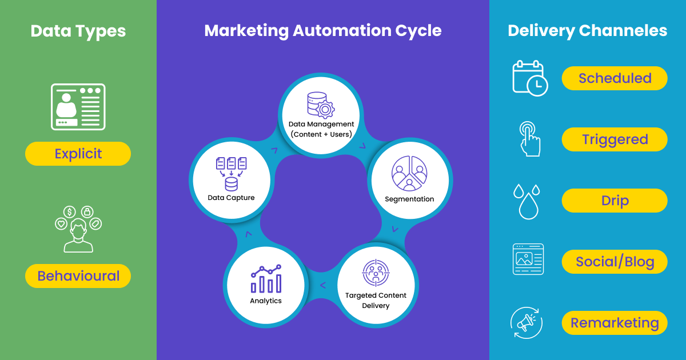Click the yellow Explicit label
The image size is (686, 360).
click(78, 154)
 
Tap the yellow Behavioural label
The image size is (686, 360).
click(78, 276)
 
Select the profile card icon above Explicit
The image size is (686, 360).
click(78, 107)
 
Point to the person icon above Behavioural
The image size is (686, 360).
click(78, 229)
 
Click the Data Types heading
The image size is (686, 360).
click(78, 30)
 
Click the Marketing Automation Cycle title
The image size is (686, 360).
click(322, 30)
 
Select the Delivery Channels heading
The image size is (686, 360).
click(587, 30)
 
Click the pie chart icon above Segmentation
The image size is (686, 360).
click(409, 173)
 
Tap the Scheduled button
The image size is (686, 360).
click(615, 78)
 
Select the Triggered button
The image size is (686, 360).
click(615, 139)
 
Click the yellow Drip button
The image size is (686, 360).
click(615, 201)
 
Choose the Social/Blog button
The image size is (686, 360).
click(615, 262)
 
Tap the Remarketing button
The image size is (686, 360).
click(615, 323)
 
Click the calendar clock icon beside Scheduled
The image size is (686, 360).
click(529, 78)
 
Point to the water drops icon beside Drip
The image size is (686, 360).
click(527, 201)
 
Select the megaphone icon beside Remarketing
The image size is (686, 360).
click(526, 323)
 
